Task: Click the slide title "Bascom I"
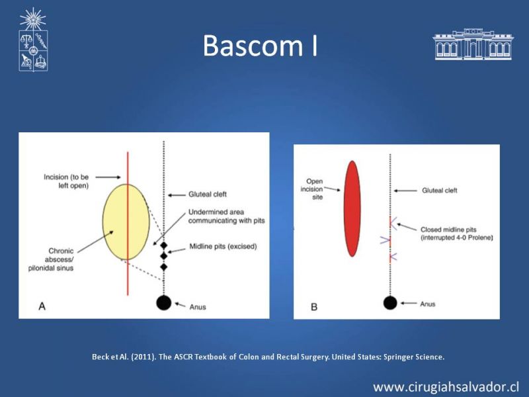[260, 45]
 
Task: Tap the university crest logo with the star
[33, 39]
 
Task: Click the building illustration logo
[473, 44]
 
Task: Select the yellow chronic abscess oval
[126, 222]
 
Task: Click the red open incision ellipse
[352, 208]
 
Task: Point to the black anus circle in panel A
[163, 302]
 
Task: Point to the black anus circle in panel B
[390, 302]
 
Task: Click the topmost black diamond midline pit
[164, 245]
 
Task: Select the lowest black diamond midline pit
[164, 267]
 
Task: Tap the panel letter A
[42, 306]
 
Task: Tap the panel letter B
[314, 307]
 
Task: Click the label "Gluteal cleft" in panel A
[208, 194]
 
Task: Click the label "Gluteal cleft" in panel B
[440, 191]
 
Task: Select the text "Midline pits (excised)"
[223, 246]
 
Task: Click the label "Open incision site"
[312, 189]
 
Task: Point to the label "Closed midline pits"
[448, 230]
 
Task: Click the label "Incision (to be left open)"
[66, 181]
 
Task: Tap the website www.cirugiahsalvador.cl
[446, 387]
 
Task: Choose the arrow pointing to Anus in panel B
[409, 303]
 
